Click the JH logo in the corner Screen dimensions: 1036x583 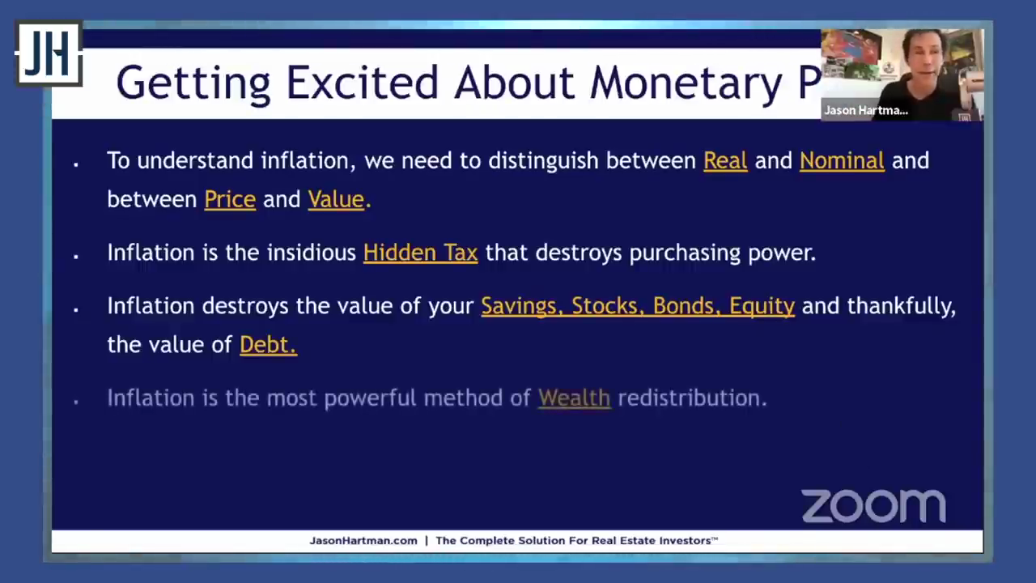[49, 53]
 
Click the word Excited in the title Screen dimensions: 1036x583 [362, 83]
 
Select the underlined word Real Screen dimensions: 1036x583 [725, 160]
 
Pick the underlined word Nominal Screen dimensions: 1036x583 [842, 160]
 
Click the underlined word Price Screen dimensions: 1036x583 [230, 199]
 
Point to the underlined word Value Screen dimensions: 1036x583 [336, 199]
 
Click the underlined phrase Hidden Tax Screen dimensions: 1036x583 [420, 253]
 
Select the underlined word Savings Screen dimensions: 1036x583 [522, 306]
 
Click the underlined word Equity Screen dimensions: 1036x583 [762, 307]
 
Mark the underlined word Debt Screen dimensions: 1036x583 [268, 345]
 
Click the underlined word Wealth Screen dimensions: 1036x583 [575, 398]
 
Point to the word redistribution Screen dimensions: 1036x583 [692, 398]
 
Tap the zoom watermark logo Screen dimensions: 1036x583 [873, 506]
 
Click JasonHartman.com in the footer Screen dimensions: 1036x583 [363, 540]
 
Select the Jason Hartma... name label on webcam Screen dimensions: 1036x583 [866, 111]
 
